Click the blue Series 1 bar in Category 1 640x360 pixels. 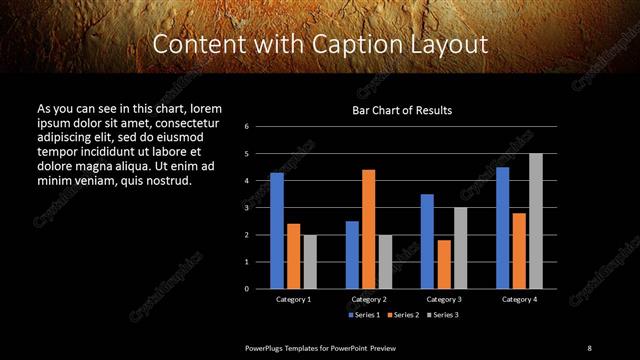(x=277, y=230)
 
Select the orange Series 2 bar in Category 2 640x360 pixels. (x=369, y=229)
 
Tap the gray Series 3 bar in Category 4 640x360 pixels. (x=536, y=220)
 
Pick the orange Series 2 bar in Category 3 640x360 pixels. (x=444, y=264)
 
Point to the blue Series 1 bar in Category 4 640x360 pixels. (x=502, y=227)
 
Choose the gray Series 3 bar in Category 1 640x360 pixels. (x=310, y=261)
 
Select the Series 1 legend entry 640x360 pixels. (x=363, y=315)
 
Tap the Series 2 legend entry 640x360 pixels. (x=402, y=315)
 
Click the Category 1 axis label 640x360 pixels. (x=293, y=299)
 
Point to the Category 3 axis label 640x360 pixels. (x=444, y=299)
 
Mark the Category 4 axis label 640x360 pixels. (x=519, y=299)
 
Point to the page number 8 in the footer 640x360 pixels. (x=589, y=347)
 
